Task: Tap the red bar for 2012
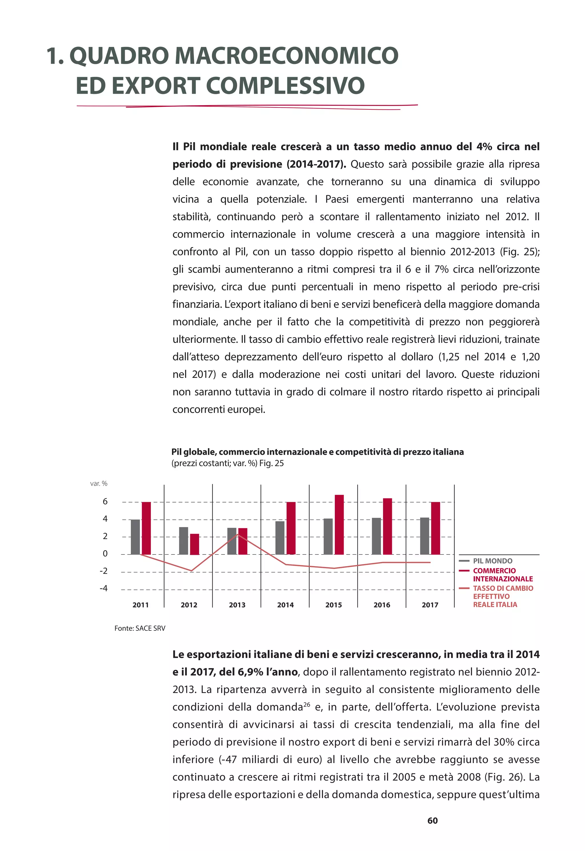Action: [x=195, y=544]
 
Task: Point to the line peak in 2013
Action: [x=238, y=535]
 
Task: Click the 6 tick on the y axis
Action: [x=105, y=502]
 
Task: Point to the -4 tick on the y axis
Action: [x=104, y=588]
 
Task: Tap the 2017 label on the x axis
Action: [x=430, y=605]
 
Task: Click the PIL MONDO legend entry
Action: [x=492, y=561]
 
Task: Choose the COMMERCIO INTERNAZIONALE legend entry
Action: [x=502, y=575]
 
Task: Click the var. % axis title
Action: [x=99, y=484]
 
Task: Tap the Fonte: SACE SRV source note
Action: [x=140, y=628]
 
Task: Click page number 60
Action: [x=432, y=821]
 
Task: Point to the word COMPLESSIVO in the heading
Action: [x=285, y=85]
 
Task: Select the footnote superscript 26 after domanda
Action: [x=306, y=704]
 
